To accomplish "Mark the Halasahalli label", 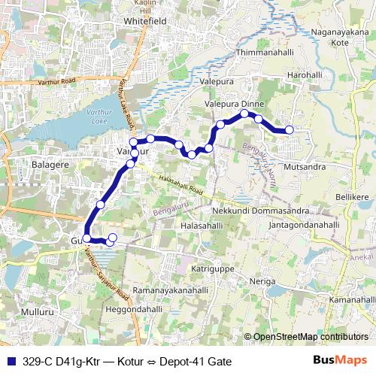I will click(202, 225).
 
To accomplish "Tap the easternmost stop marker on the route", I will click(290, 130).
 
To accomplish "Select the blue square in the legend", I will click(11, 361).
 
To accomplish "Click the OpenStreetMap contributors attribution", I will click(310, 337).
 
